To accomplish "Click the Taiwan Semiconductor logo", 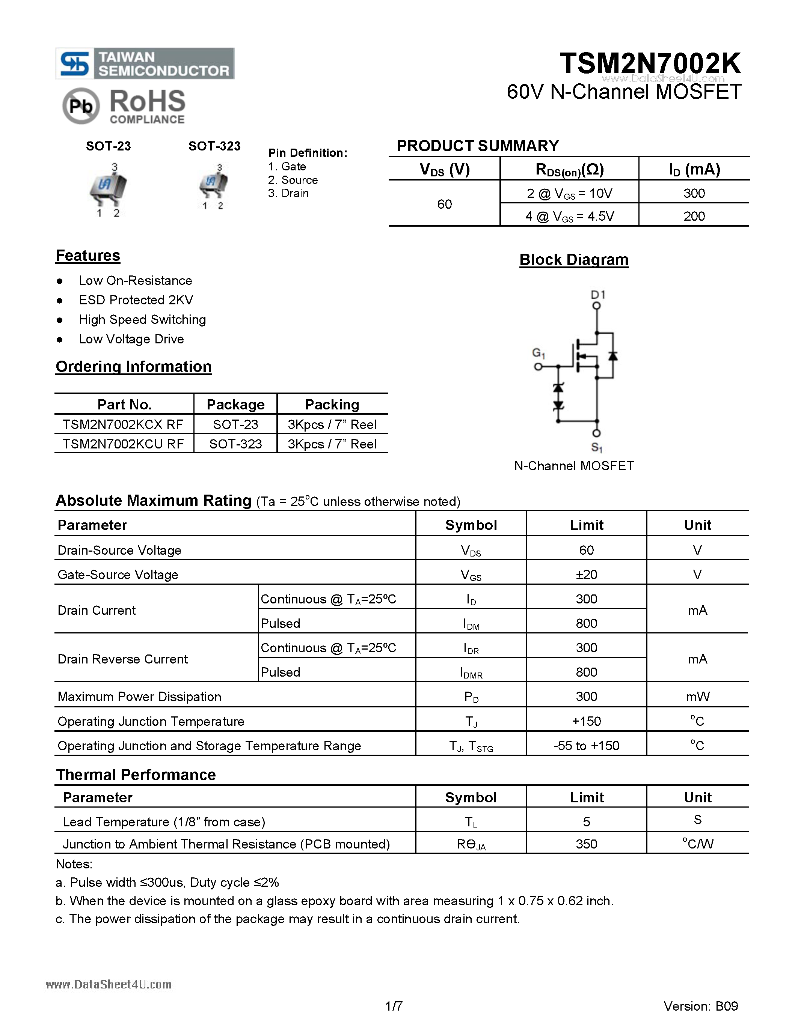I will click(144, 63).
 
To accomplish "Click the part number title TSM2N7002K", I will click(650, 63).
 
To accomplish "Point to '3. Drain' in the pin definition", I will click(288, 193).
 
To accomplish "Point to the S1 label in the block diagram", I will click(597, 447).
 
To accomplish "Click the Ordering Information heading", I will click(133, 367).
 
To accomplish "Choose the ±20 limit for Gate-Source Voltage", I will click(586, 575).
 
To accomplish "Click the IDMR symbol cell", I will click(471, 672).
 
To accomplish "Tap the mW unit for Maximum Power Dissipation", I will click(697, 697).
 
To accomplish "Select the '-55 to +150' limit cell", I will click(586, 746).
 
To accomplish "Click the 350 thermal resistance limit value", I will click(586, 844).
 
